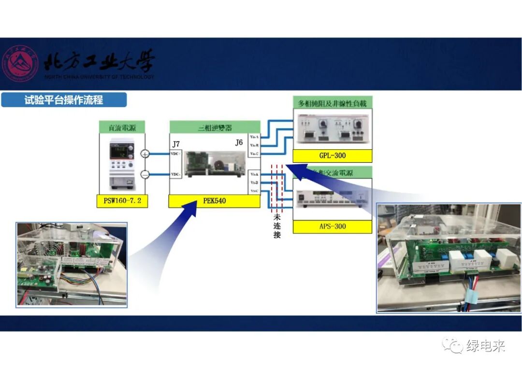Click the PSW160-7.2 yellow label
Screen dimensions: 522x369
pyautogui.click(x=122, y=200)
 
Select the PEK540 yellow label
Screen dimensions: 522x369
pyautogui.click(x=215, y=200)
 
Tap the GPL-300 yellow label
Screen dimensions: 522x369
pyautogui.click(x=333, y=156)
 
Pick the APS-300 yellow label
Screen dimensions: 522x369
pyautogui.click(x=333, y=226)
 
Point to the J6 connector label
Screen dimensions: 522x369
pyautogui.click(x=239, y=142)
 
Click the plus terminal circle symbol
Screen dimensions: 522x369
pyautogui.click(x=145, y=154)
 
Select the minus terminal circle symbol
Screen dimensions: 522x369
pyautogui.click(x=145, y=174)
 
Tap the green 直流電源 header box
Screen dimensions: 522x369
pyautogui.click(x=122, y=128)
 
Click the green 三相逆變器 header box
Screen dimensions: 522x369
pyautogui.click(x=215, y=128)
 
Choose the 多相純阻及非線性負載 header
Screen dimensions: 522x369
pyautogui.click(x=333, y=103)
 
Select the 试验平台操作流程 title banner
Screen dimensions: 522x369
pyautogui.click(x=64, y=100)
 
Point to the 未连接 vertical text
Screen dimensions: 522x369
pyautogui.click(x=277, y=226)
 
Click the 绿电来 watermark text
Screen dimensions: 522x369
pyautogui.click(x=485, y=346)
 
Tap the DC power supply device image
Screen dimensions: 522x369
pyautogui.click(x=122, y=162)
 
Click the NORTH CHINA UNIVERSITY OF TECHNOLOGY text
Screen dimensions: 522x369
pyautogui.click(x=99, y=77)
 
